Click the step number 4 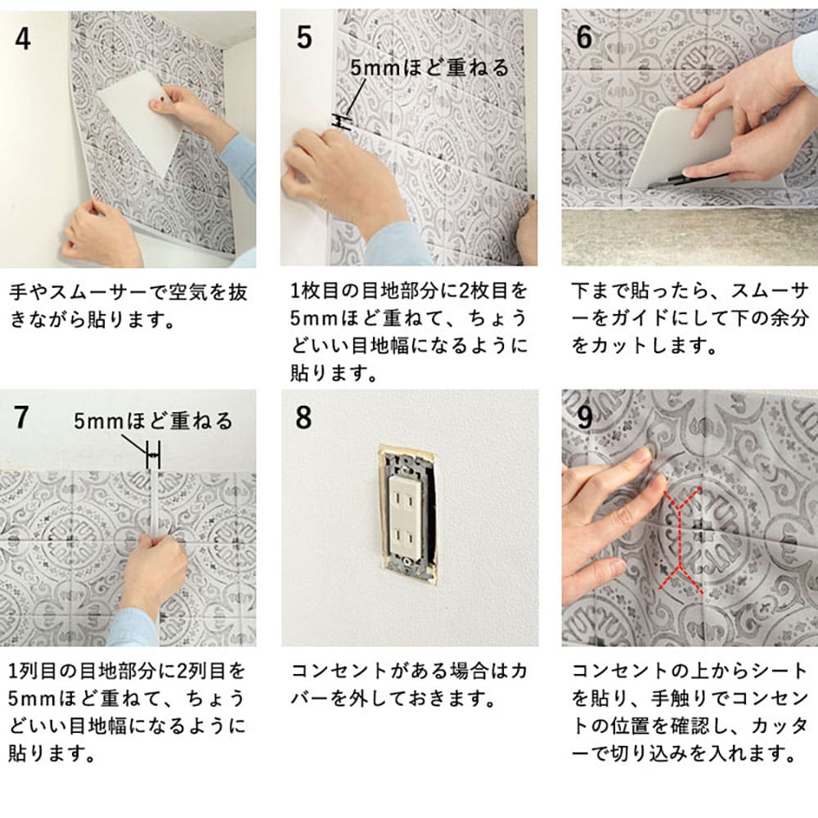click(23, 39)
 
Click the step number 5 click(304, 38)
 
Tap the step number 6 click(584, 37)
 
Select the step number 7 click(21, 417)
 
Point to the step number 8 click(303, 417)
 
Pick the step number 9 click(585, 417)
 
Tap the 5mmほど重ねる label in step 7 click(153, 421)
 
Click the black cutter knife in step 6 click(691, 178)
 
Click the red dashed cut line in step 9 click(678, 538)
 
